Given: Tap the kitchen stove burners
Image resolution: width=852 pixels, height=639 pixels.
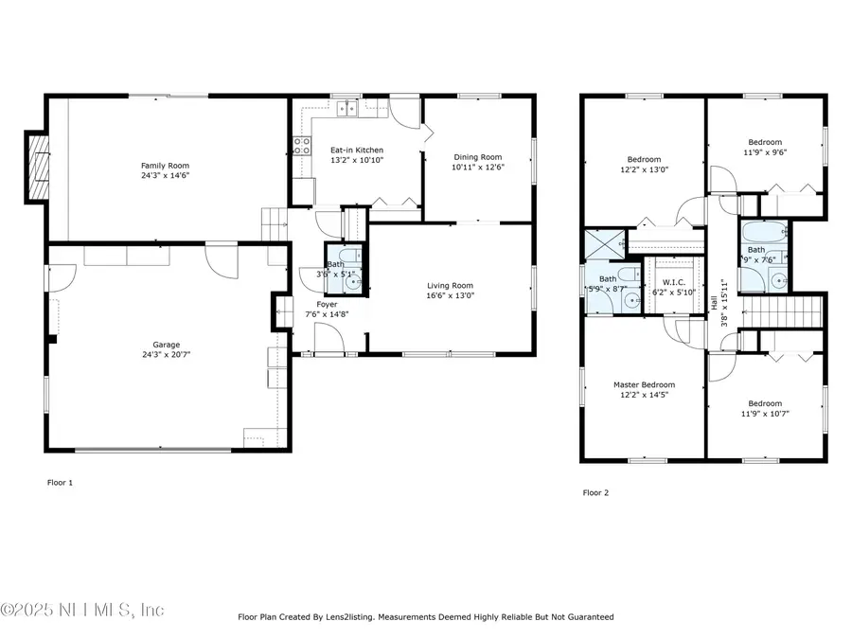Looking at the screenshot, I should [x=303, y=145].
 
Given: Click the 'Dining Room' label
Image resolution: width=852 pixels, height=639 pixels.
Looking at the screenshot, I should [x=477, y=157].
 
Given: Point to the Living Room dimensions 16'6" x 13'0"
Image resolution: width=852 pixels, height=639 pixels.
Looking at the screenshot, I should [x=450, y=295].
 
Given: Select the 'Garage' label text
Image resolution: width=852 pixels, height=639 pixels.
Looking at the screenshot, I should [x=167, y=345].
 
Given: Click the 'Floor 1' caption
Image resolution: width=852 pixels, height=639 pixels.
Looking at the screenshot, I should [x=60, y=482].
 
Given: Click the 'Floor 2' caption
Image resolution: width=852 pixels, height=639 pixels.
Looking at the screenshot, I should [x=595, y=492].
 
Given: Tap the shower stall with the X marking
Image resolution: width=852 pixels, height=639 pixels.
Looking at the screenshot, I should [x=600, y=245].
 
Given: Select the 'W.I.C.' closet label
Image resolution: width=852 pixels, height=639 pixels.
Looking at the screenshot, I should [x=673, y=281].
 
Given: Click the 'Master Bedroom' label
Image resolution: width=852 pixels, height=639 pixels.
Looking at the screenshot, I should [x=644, y=384].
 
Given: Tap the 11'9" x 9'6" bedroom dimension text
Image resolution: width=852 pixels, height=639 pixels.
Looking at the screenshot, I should [x=764, y=151].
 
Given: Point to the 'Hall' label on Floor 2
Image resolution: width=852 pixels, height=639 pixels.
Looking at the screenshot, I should [x=713, y=302].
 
